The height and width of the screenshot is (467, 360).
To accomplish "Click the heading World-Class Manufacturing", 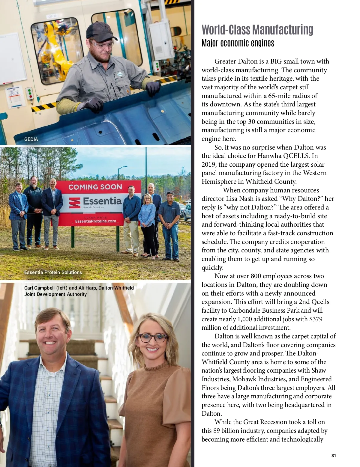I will (x=257, y=30).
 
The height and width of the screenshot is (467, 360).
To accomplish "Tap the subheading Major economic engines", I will (x=238, y=43).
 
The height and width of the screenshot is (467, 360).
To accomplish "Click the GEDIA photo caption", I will (x=31, y=139).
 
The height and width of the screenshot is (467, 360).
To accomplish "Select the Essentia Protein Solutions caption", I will (x=53, y=272).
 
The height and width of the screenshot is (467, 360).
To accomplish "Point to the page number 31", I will (x=334, y=456).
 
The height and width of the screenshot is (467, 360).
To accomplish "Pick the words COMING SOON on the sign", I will (x=95, y=187).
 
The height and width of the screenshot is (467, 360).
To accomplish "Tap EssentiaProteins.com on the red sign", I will (x=95, y=221).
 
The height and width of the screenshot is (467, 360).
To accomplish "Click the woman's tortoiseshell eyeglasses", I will (x=152, y=338).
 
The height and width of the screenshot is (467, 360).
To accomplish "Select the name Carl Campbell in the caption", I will (x=40, y=288).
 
